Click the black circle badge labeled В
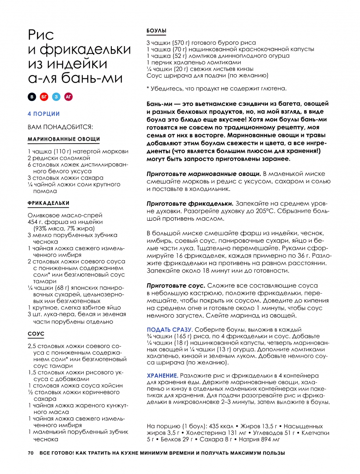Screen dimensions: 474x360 click(x=31, y=97)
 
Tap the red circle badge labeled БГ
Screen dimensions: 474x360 click(x=44, y=97)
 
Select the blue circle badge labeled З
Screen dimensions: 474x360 click(x=56, y=97)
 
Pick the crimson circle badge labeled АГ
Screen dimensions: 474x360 click(x=68, y=97)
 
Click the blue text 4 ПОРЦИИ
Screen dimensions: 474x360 click(x=43, y=114)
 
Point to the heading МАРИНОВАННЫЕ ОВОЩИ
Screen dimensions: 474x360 click(x=64, y=140)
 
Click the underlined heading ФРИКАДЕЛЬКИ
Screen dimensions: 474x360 click(x=48, y=203)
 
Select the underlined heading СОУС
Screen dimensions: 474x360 click(x=36, y=334)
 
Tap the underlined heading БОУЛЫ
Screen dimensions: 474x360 click(x=156, y=31)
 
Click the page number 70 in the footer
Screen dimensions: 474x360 click(x=30, y=453)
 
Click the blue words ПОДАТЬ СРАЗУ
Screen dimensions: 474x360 click(x=169, y=329)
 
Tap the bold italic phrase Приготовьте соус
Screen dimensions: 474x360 click(x=175, y=285)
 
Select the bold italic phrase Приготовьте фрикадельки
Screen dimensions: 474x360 click(x=189, y=204)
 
